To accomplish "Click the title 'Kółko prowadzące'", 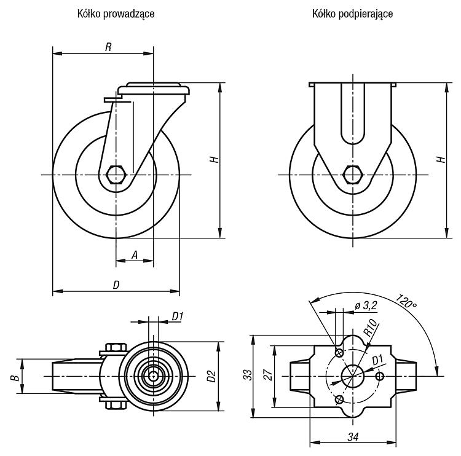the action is (116, 14).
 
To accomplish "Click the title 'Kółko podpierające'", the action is (353, 14).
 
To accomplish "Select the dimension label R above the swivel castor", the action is (108, 47).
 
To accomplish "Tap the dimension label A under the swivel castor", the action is (135, 255).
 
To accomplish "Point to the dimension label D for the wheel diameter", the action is (116, 285).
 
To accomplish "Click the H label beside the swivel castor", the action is (215, 159).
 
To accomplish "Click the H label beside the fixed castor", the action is (441, 159).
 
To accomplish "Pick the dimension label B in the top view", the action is (17, 377).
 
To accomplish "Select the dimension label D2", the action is (211, 377).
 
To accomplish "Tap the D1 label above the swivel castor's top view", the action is (178, 316).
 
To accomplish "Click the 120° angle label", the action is (406, 301).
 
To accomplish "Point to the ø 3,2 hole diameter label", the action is (366, 306).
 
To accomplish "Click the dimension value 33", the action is (248, 375).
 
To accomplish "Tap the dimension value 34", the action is (353, 437).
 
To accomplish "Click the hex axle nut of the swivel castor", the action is (116, 175).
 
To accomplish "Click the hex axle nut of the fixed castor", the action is (353, 175).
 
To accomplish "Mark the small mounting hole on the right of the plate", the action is (380, 376).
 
